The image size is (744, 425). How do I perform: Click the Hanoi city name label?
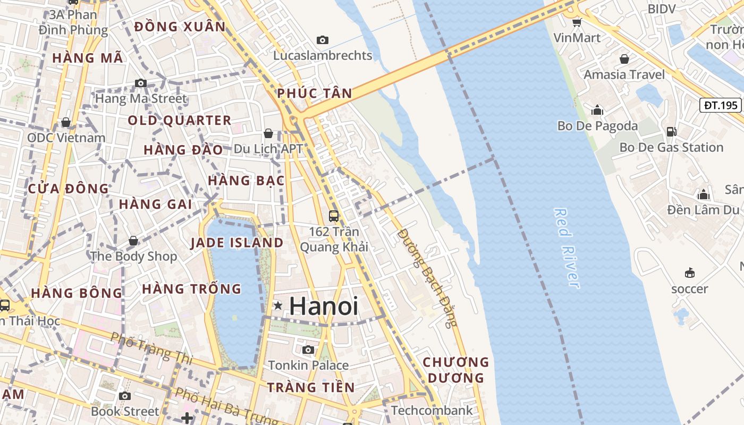324,307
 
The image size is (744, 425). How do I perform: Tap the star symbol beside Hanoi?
277,305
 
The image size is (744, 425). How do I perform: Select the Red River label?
567,248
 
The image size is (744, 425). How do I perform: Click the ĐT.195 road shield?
721,105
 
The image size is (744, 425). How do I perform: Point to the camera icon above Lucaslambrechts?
322,40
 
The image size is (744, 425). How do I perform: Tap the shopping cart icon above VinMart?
577,22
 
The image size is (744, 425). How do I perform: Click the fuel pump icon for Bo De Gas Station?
671,131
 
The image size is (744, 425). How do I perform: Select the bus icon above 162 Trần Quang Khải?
334,216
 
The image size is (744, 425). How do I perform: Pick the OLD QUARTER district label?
180,121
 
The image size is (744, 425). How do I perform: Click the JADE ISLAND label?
237,243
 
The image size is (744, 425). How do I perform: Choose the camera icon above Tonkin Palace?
308,350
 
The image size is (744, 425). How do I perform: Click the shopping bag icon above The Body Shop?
133,241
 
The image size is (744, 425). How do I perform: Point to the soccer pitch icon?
690,273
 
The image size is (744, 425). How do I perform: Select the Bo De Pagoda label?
597,126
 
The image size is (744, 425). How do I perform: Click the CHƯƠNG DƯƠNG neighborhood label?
455,370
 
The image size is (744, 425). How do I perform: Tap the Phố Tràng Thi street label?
151,348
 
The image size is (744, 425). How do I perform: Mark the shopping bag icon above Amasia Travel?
624,58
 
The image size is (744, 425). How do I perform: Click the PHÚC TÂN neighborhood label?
315,93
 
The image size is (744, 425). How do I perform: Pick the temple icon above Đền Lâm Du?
704,194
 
